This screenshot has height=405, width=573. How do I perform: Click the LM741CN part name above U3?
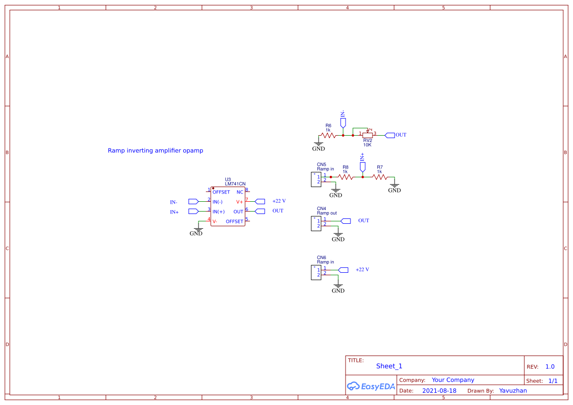235,184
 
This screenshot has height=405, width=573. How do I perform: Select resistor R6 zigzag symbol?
327,135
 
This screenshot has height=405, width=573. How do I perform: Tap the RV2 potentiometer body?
368,135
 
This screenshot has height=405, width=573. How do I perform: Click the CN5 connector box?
316,179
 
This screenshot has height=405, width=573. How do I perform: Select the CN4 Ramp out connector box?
316,223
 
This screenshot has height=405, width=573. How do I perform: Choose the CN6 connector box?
316,272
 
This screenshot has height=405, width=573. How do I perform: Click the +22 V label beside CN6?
362,269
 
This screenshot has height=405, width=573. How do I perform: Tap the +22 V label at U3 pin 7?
279,201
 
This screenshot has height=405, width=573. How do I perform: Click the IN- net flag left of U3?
193,201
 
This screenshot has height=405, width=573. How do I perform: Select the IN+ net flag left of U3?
193,211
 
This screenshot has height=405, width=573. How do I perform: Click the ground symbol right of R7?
395,188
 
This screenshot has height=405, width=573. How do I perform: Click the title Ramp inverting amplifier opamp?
155,150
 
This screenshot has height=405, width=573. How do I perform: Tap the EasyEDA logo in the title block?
371,386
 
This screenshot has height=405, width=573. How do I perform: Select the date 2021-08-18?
439,391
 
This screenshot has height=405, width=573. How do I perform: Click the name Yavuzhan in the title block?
513,391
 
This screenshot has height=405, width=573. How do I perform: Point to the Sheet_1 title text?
389,366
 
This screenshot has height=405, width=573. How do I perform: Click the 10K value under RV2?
367,145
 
